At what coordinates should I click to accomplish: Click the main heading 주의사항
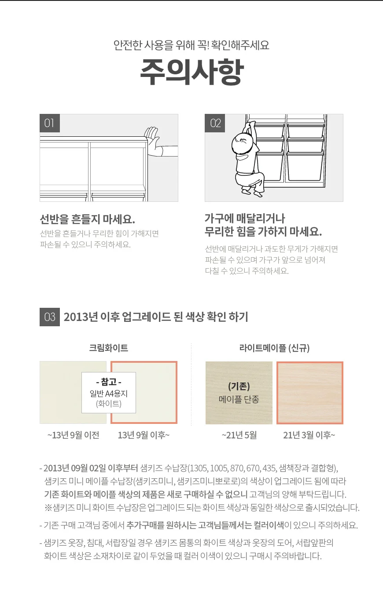pyautogui.click(x=191, y=72)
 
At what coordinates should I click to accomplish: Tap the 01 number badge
pyautogui.click(x=50, y=123)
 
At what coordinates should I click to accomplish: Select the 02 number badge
pyautogui.click(x=215, y=123)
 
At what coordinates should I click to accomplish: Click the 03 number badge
pyautogui.click(x=50, y=317)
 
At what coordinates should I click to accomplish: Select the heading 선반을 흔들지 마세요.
pyautogui.click(x=87, y=219)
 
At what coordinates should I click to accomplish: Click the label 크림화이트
pyautogui.click(x=109, y=348)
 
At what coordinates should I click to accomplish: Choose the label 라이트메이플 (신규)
pyautogui.click(x=274, y=348)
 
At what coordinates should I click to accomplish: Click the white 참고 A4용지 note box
pyautogui.click(x=109, y=393)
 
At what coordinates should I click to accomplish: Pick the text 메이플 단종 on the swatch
pyautogui.click(x=239, y=399)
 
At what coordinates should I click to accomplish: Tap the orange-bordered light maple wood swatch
pyautogui.click(x=310, y=393)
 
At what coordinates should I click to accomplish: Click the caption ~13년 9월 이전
pyautogui.click(x=73, y=435)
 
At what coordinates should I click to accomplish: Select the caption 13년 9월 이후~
pyautogui.click(x=144, y=435)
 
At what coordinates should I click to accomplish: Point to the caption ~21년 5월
pyautogui.click(x=239, y=435)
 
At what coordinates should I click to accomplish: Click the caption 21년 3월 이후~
pyautogui.click(x=309, y=435)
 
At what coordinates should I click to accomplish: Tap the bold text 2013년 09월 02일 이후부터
pyautogui.click(x=91, y=468)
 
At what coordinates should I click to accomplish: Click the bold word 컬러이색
pyautogui.click(x=269, y=525)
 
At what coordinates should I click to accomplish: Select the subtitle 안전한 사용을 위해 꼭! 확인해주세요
pyautogui.click(x=191, y=45)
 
